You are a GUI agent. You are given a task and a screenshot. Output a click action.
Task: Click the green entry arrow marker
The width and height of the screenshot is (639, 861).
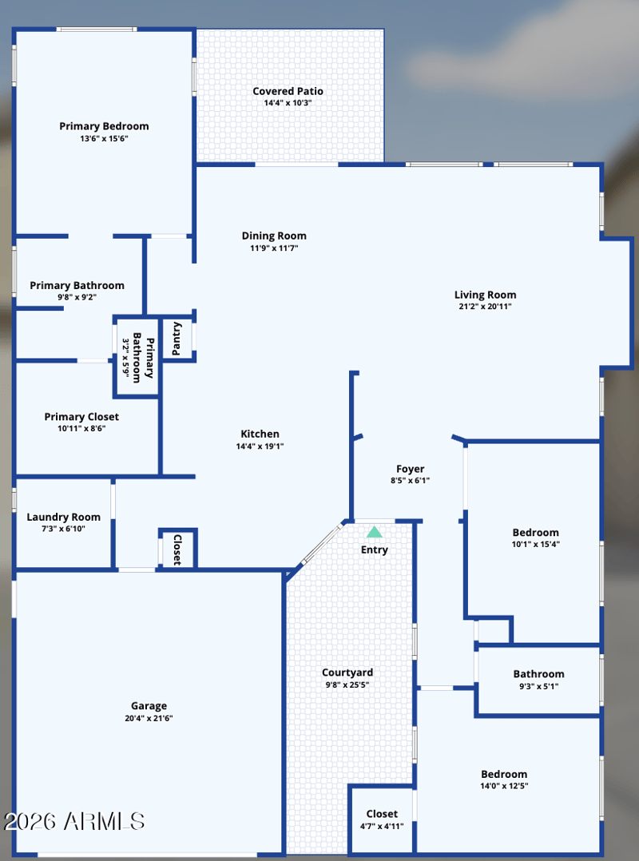[x=375, y=532]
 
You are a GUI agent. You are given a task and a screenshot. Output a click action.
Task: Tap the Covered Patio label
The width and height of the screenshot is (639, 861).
[x=288, y=91]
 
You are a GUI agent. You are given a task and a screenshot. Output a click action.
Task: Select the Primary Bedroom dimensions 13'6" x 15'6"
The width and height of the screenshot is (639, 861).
[x=104, y=139]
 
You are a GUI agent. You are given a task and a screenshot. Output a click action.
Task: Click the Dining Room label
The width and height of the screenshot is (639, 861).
[x=274, y=236]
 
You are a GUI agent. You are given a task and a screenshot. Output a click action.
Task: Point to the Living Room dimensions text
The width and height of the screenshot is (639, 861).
[x=486, y=307]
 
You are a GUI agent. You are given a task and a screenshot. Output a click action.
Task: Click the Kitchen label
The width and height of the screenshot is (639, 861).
[x=260, y=434]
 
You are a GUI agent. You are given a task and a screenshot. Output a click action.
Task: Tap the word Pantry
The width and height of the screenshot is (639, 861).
[x=177, y=339]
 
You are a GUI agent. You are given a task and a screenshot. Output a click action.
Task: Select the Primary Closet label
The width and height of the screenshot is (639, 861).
[x=81, y=417]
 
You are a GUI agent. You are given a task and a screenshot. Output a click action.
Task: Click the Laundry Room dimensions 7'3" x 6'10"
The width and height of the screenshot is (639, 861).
[x=64, y=529]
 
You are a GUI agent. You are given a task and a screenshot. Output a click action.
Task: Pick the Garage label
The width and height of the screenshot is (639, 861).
[x=149, y=706]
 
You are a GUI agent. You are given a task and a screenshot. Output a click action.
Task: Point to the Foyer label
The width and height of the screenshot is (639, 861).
[x=410, y=469]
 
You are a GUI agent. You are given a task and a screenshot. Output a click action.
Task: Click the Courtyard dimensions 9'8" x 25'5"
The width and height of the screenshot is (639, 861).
[x=347, y=684]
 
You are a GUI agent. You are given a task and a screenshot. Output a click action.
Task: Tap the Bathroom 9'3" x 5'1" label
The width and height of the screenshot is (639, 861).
[x=538, y=674]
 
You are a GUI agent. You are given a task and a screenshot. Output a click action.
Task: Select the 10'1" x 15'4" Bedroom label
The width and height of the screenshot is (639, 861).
[x=536, y=533]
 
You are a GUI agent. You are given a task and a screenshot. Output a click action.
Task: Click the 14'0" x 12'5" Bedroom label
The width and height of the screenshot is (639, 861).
[x=504, y=774]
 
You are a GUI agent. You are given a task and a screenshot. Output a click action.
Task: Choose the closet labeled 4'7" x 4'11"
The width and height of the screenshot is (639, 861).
[x=382, y=819]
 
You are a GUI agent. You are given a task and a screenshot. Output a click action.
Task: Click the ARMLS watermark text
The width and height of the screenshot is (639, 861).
[x=74, y=821]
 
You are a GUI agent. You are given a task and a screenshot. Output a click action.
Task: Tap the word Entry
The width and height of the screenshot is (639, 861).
[x=375, y=550]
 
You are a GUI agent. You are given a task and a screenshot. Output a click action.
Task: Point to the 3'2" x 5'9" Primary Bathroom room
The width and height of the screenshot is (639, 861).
[x=136, y=357]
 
